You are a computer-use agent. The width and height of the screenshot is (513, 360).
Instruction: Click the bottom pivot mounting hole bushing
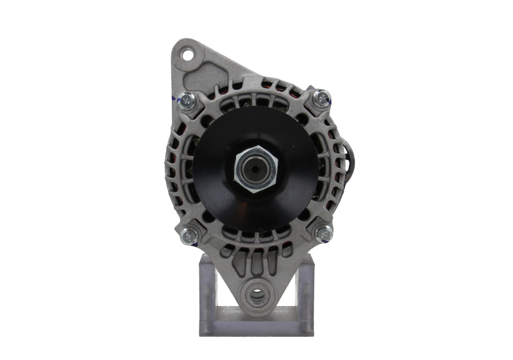click(x=256, y=296)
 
